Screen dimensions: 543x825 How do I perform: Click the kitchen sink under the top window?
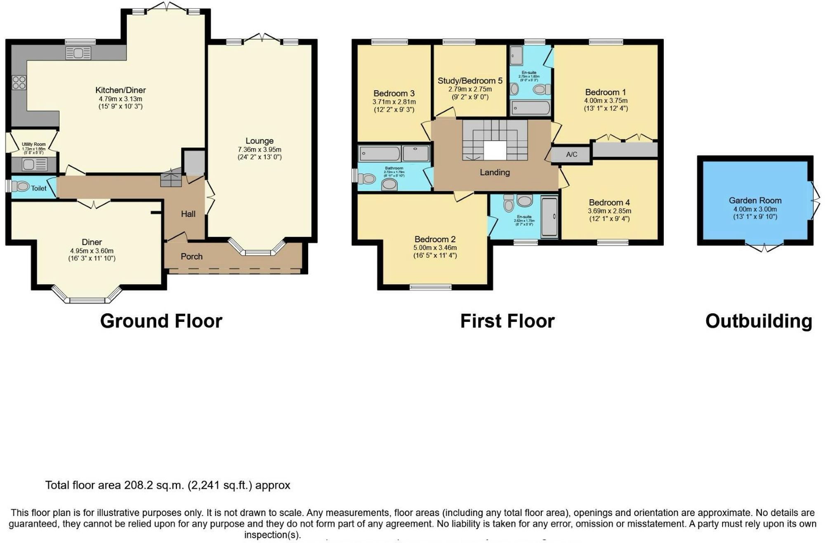pyautogui.click(x=78, y=53)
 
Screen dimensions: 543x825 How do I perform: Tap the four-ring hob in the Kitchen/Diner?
pyautogui.click(x=19, y=83)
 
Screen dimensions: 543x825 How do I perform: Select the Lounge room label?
pyautogui.click(x=259, y=141)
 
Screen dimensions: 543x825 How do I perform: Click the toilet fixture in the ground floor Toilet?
pyautogui.click(x=21, y=187)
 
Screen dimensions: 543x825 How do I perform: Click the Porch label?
pyautogui.click(x=191, y=257)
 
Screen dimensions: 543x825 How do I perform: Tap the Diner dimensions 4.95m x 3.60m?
pyautogui.click(x=92, y=251)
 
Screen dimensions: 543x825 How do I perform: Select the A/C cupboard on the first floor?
pyautogui.click(x=571, y=155)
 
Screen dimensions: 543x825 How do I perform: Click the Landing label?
pyautogui.click(x=495, y=172)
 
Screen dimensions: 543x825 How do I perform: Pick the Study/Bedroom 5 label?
pyautogui.click(x=470, y=81)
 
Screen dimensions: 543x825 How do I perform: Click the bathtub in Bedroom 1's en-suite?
pyautogui.click(x=530, y=108)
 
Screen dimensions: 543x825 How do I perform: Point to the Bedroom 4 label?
pyautogui.click(x=609, y=203)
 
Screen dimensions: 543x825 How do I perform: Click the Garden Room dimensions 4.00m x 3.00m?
pyautogui.click(x=755, y=209)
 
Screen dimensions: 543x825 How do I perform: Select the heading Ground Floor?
pyautogui.click(x=161, y=321)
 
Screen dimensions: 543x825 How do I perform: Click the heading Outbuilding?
pyautogui.click(x=759, y=321)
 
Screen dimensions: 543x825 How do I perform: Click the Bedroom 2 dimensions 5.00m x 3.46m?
pyautogui.click(x=435, y=248)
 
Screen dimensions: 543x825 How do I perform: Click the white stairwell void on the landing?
pyautogui.click(x=495, y=151)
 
